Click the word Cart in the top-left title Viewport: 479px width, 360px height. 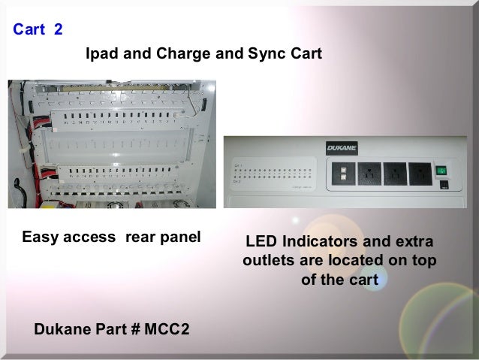tap(29, 31)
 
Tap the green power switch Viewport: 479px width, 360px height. tap(443, 171)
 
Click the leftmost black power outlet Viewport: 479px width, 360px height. tap(369, 174)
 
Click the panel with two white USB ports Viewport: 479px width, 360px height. tap(342, 174)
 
